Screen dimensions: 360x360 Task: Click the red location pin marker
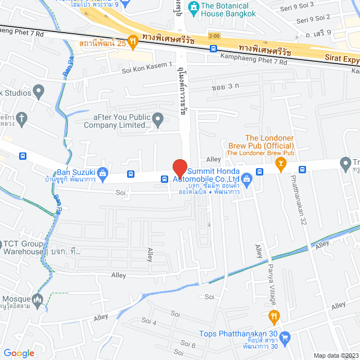point(179,169)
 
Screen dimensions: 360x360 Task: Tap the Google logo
point(19,353)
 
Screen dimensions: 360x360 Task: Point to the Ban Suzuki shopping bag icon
point(102,173)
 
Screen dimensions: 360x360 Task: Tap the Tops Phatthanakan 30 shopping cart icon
point(285,337)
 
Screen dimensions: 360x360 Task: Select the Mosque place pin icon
point(38,299)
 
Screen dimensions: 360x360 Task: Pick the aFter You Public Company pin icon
point(158,119)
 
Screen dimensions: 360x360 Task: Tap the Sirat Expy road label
point(341,57)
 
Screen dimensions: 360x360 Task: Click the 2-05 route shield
point(214,36)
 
